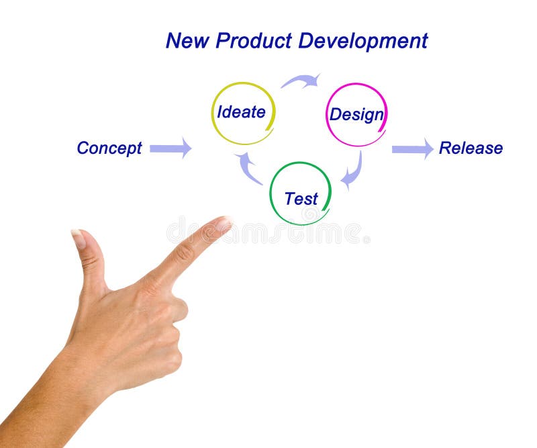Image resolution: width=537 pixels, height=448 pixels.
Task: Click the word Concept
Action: (109, 148)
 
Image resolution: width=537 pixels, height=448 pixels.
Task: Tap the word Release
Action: (471, 148)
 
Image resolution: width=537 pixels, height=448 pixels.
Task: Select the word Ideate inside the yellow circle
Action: (241, 112)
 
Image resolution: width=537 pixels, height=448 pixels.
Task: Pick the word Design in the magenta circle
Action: (356, 115)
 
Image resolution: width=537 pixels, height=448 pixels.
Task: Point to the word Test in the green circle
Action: (301, 199)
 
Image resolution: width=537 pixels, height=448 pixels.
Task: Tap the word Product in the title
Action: (252, 41)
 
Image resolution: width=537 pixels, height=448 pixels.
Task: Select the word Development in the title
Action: (363, 41)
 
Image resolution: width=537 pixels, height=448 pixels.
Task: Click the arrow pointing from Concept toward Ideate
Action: (170, 148)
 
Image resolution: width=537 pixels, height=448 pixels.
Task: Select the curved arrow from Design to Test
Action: (352, 171)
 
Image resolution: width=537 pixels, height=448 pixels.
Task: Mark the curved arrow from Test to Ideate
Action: (248, 168)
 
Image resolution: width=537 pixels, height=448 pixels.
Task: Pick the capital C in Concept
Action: (83, 148)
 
